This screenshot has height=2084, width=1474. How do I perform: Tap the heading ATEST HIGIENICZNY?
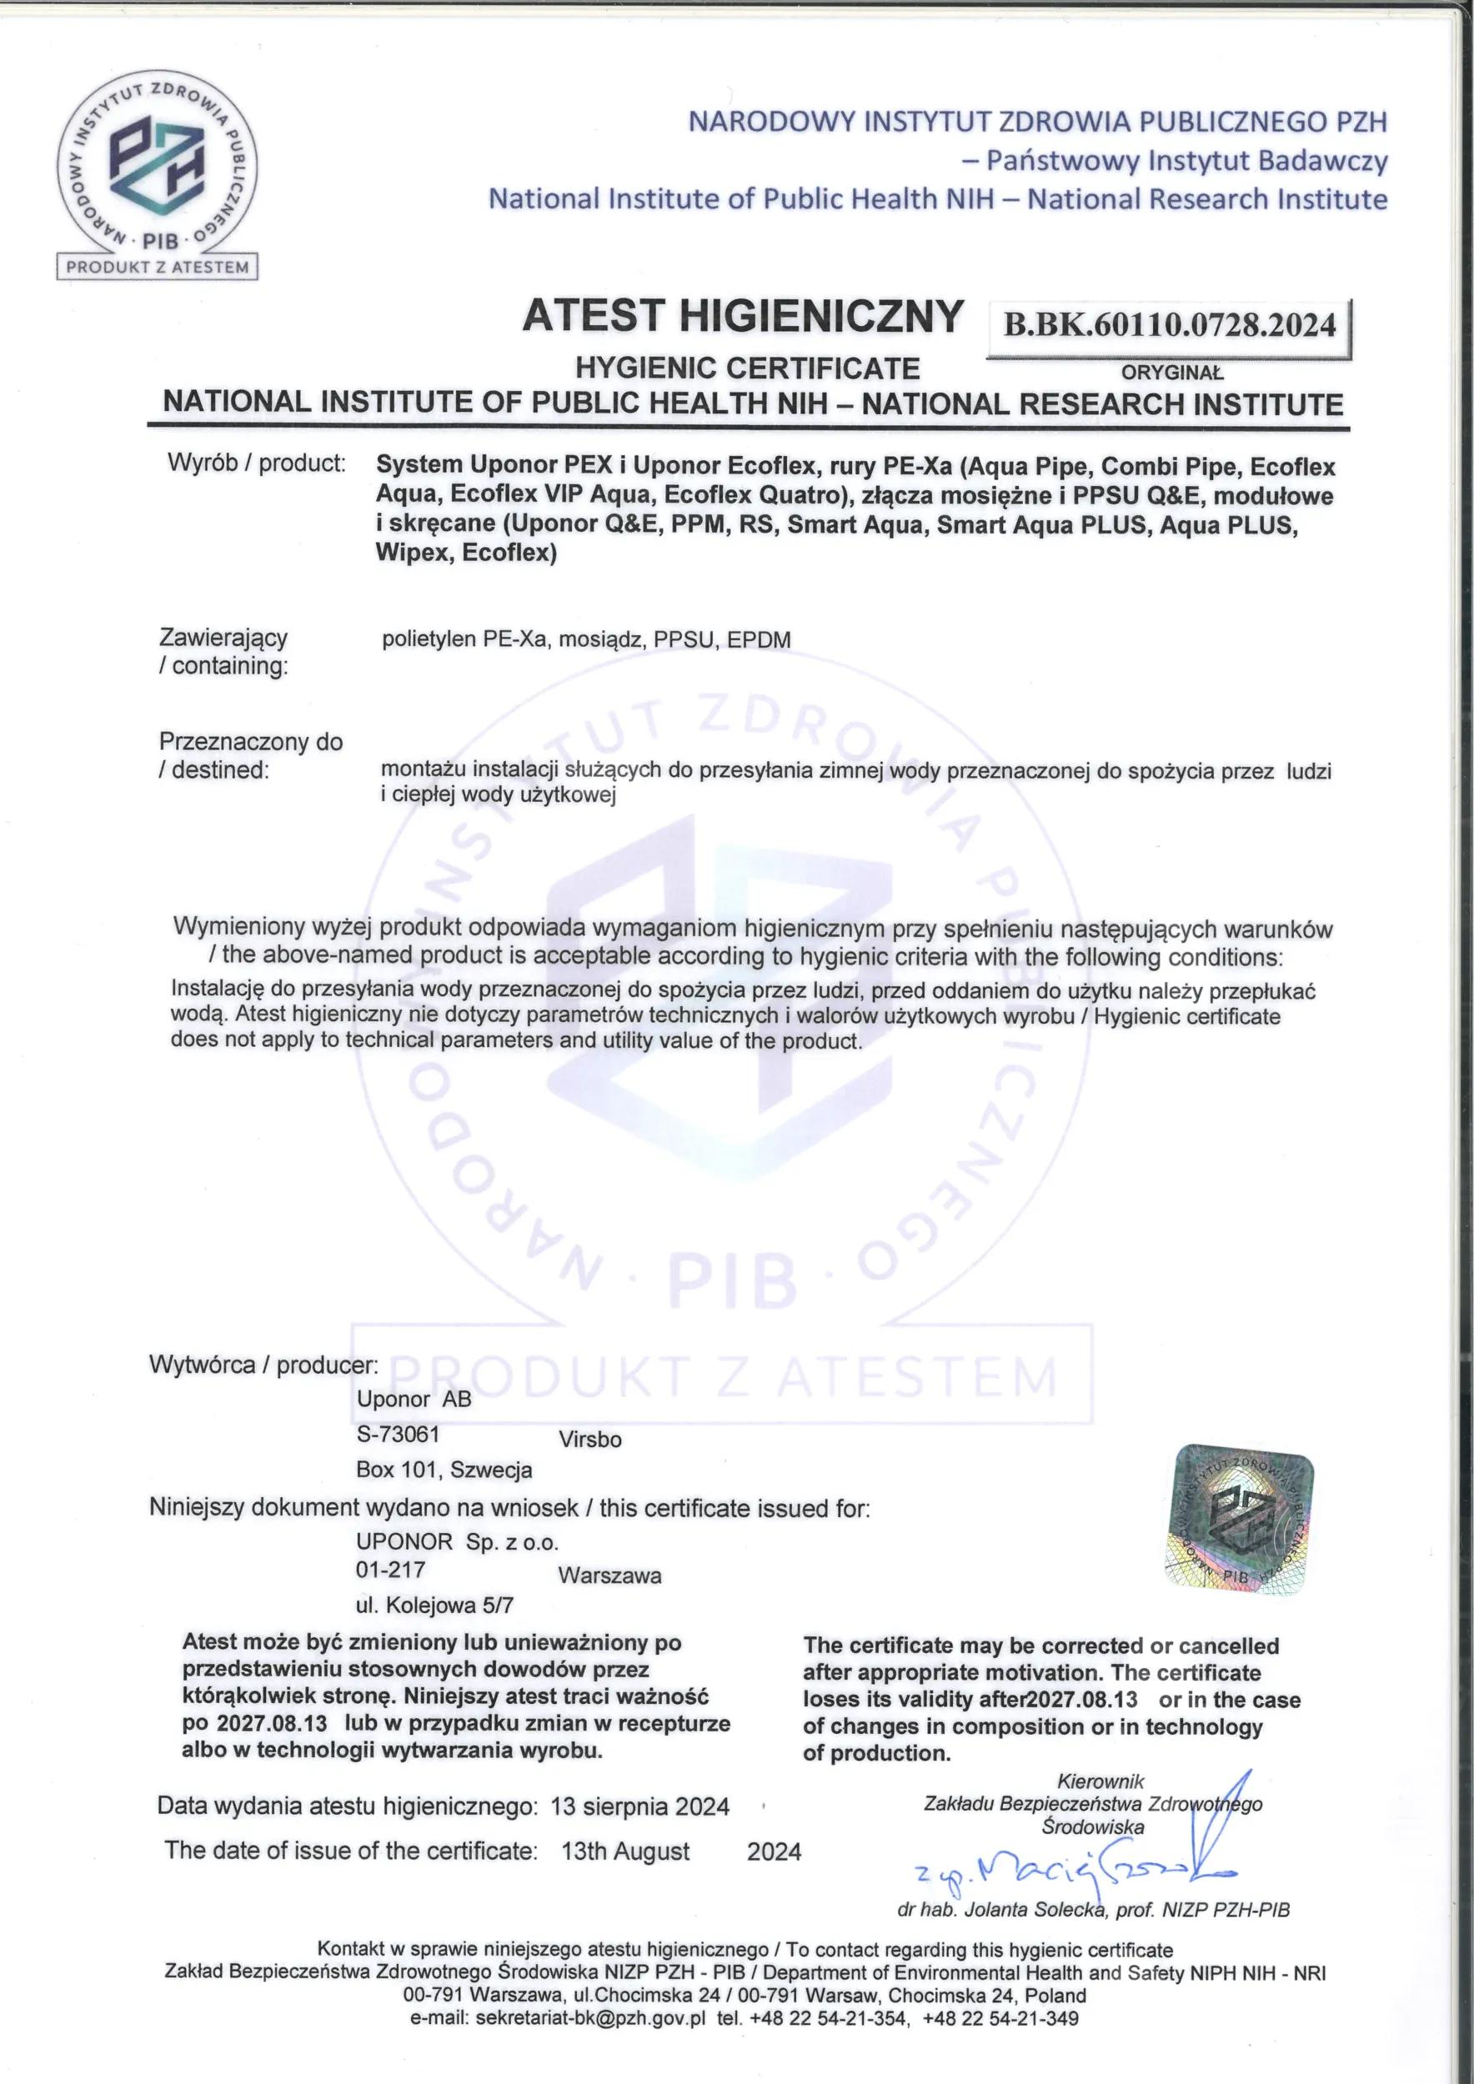(x=741, y=317)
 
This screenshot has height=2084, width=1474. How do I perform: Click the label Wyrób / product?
(x=257, y=463)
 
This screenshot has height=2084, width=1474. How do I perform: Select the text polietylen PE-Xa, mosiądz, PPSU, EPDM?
(x=585, y=639)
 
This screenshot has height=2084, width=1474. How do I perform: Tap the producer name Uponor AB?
(x=414, y=1399)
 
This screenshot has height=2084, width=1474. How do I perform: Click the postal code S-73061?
(x=398, y=1433)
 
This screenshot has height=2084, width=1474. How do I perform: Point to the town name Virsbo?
(x=590, y=1440)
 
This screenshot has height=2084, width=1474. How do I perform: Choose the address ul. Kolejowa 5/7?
(x=434, y=1605)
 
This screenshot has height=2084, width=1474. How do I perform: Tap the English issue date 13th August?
(x=625, y=1851)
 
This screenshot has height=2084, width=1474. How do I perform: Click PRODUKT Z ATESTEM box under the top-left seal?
(x=158, y=267)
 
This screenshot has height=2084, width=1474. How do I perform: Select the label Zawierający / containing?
(x=224, y=651)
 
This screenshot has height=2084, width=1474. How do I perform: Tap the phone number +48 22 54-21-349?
(x=1000, y=1993)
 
